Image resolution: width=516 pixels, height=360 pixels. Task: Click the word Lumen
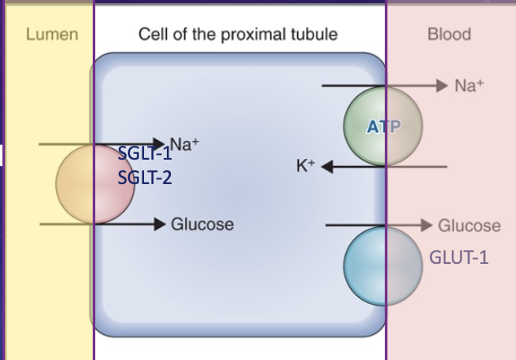point(52,34)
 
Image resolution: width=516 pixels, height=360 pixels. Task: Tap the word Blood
point(449,34)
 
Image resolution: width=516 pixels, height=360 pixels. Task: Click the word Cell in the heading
point(153,34)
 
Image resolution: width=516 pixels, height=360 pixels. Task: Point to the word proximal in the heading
point(253,35)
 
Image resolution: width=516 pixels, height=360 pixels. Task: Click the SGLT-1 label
point(145,153)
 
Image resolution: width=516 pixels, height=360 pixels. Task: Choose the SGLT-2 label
point(145,178)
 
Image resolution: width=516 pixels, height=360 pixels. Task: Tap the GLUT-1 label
point(459,257)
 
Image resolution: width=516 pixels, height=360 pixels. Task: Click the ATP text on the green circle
point(383,126)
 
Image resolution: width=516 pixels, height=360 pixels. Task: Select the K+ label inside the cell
point(306,165)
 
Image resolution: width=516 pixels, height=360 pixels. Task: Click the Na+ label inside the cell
point(184,144)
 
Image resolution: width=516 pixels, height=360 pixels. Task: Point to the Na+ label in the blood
point(469,86)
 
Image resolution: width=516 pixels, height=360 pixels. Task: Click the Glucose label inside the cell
point(203,224)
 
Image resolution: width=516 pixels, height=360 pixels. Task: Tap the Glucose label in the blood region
point(470,226)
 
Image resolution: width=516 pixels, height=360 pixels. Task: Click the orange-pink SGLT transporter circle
point(95,184)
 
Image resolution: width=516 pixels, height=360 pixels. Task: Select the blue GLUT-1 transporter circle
point(383,266)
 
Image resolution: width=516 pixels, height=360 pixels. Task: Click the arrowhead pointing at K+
point(327,166)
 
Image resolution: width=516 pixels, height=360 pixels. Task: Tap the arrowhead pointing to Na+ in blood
point(442,86)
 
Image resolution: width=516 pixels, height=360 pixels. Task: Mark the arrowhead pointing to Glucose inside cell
point(160,224)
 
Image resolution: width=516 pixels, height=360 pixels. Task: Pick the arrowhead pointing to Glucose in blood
point(426,226)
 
